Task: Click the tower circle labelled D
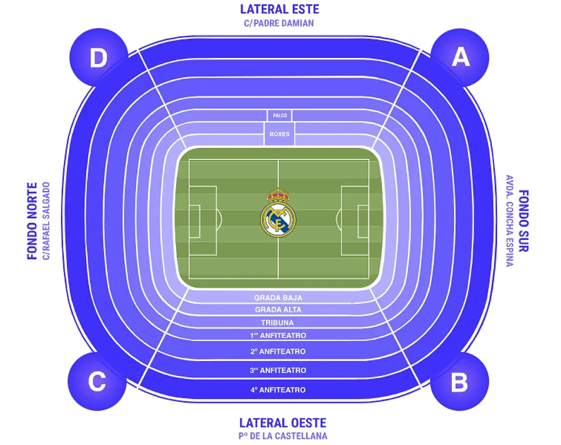(99, 57)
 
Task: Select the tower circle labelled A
(460, 57)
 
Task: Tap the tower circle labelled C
(97, 381)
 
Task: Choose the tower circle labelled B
(460, 381)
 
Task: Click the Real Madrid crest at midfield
(278, 213)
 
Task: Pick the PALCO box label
(280, 116)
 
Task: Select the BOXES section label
(279, 134)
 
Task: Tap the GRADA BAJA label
(278, 298)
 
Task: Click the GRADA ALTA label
(278, 310)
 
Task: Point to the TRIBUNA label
(277, 323)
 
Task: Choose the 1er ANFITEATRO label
(278, 336)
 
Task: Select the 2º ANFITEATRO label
(278, 351)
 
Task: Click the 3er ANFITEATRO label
(278, 370)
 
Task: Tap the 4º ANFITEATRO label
(278, 390)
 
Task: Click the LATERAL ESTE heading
(279, 9)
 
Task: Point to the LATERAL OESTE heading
(283, 423)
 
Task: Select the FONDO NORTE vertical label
(32, 221)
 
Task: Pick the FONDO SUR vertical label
(524, 221)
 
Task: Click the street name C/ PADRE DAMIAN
(279, 23)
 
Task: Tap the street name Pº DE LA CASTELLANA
(283, 436)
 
